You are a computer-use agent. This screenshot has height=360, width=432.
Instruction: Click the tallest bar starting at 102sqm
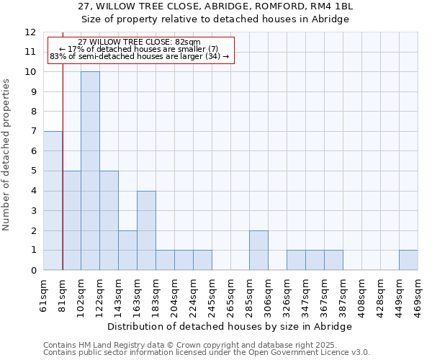(x=90, y=171)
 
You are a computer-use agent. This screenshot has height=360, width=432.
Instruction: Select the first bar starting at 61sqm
(x=53, y=201)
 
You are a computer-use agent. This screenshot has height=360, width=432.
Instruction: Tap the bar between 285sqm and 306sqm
(x=258, y=251)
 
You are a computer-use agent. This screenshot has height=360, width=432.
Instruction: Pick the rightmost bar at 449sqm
(x=408, y=260)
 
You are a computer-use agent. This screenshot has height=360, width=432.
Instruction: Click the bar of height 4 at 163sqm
(x=146, y=230)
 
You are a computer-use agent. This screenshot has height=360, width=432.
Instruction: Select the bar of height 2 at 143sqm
(x=127, y=251)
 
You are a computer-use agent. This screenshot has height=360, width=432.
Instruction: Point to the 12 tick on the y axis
(x=30, y=32)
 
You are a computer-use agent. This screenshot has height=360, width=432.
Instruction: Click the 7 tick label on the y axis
(x=33, y=132)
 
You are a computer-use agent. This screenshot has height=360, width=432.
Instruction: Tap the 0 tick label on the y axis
(x=33, y=271)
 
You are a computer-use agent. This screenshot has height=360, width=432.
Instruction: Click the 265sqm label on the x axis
(x=230, y=296)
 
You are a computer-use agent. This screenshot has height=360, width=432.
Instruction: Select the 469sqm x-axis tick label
(x=418, y=296)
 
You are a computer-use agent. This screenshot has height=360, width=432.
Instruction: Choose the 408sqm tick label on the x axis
(x=361, y=296)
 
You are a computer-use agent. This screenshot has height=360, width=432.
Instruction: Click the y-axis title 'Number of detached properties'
(x=6, y=156)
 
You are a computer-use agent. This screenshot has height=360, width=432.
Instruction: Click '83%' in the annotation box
(x=58, y=56)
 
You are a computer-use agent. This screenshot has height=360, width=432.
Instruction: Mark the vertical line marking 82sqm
(x=63, y=166)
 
